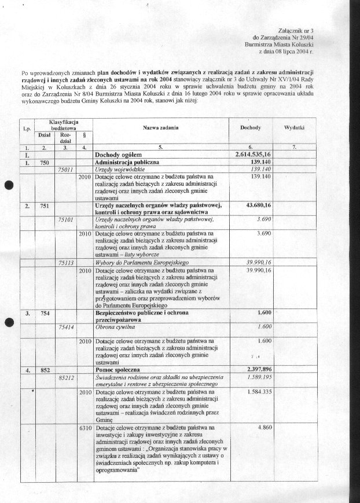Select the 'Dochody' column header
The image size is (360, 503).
250,127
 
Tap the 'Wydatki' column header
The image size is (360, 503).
295,127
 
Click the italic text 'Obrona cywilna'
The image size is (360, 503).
115,326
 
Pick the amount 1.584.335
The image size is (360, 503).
259,391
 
